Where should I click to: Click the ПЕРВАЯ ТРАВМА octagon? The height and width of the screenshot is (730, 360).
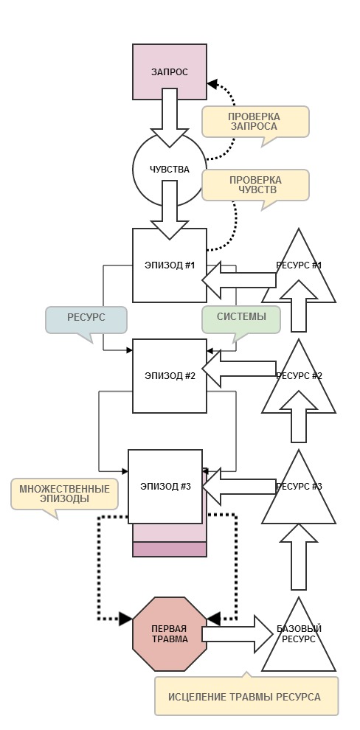(169, 633)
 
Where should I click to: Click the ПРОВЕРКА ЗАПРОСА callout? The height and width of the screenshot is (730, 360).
(254, 122)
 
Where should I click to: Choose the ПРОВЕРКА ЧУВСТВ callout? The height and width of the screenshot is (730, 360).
(255, 184)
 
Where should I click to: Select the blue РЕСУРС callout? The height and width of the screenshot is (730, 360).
(86, 319)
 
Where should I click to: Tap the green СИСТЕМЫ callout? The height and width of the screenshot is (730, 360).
(241, 319)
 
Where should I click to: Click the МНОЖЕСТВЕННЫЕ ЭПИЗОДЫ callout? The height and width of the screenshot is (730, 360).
(64, 493)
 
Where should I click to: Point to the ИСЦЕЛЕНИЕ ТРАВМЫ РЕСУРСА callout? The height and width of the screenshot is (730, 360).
(246, 696)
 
